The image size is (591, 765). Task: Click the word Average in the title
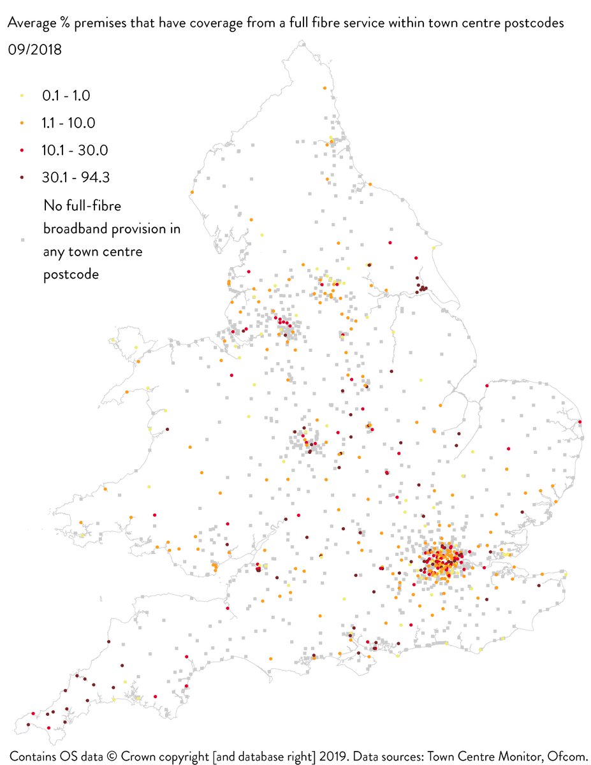[32, 23]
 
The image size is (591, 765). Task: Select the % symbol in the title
[66, 23]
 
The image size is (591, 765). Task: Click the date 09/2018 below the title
[34, 49]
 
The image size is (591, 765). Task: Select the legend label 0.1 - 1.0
[66, 96]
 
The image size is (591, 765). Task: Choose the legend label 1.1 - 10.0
[69, 123]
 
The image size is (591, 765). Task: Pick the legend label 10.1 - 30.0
[75, 150]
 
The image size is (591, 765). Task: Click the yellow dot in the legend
[22, 96]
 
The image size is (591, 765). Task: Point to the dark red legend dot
[22, 178]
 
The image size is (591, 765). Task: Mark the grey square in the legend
[22, 240]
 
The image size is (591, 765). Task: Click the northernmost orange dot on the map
[325, 88]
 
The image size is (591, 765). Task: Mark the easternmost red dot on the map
[580, 421]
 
